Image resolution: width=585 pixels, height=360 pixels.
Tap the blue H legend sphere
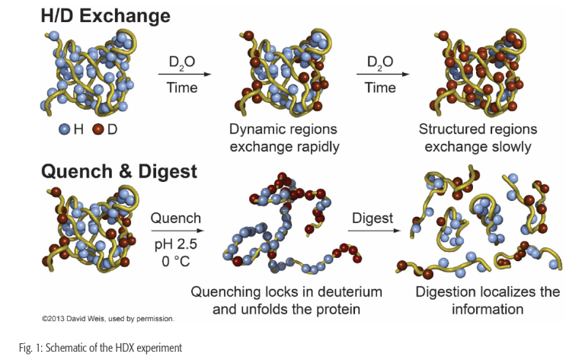click(66, 130)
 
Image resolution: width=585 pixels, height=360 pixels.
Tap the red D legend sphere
click(97, 130)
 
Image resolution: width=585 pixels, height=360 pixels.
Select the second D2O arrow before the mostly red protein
click(380, 74)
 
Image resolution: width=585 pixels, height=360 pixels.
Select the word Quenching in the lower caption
click(225, 292)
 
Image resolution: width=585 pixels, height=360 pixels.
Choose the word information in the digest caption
click(487, 310)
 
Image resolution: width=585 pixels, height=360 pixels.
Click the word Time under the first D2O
click(183, 88)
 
